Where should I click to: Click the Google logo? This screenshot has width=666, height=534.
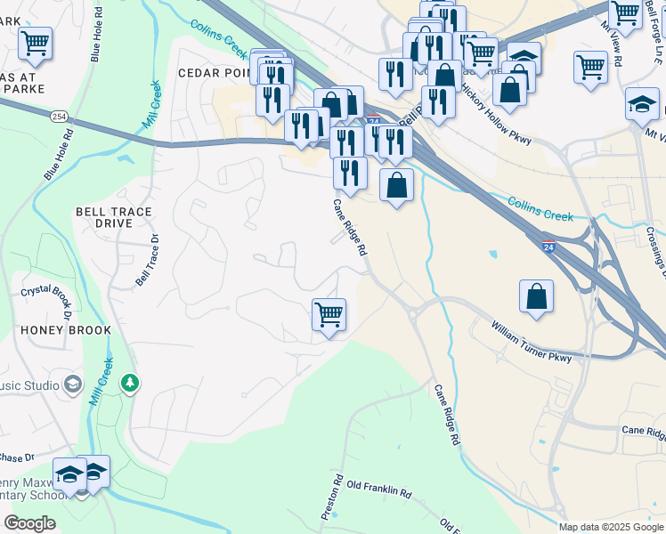[x=29, y=522]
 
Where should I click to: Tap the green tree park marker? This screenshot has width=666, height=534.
[x=131, y=384]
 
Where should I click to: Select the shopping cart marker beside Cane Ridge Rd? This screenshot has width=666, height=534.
[x=329, y=315]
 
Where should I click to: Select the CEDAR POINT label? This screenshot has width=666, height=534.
[x=214, y=73]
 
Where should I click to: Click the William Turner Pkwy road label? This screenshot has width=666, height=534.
[x=531, y=341]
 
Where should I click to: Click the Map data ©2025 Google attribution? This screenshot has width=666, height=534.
[x=610, y=527]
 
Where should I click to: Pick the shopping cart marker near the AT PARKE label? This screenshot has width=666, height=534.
[x=35, y=43]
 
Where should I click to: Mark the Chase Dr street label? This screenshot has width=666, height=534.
[x=16, y=457]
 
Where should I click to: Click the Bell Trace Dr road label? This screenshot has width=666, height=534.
[x=147, y=259]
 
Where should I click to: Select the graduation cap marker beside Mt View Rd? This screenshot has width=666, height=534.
[x=642, y=105]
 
